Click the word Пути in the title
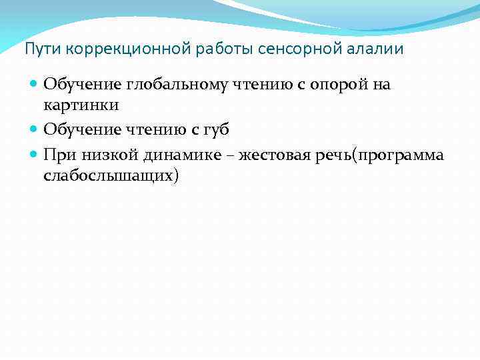coord(37,49)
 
